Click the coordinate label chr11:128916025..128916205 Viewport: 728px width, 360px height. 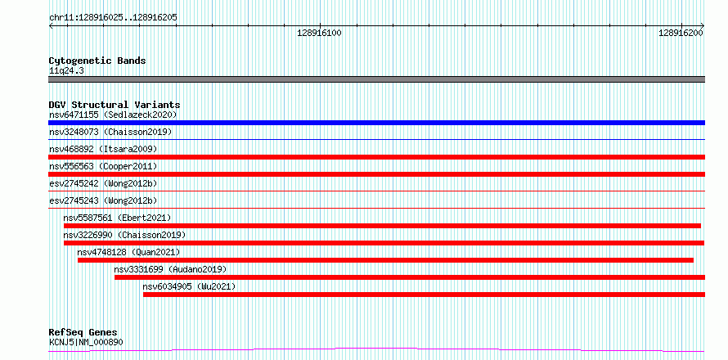(113, 17)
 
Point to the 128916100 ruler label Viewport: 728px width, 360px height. (319, 33)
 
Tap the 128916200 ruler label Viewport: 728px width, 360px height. (681, 33)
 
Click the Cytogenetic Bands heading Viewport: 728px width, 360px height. (97, 61)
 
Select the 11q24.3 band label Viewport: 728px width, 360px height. (66, 71)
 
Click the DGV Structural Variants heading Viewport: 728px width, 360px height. (115, 105)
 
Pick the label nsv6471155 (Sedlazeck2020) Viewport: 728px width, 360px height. (113, 115)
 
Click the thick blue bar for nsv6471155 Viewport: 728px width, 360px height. (376, 123)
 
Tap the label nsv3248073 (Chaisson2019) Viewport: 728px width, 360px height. (110, 132)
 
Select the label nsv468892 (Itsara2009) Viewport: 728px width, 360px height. (103, 149)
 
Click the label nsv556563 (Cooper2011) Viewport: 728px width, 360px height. (103, 166)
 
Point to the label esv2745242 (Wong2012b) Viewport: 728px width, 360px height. (103, 183)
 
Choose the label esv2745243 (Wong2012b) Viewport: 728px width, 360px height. (103, 200)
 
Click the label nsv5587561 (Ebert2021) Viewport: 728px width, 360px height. (118, 218)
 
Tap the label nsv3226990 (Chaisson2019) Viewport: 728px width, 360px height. (124, 235)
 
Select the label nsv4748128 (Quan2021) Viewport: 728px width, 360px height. (128, 252)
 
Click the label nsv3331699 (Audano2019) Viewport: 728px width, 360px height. (170, 269)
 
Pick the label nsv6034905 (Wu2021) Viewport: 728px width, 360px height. (189, 286)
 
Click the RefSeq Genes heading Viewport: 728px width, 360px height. (83, 333)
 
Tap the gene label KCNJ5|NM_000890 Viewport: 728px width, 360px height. (86, 343)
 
